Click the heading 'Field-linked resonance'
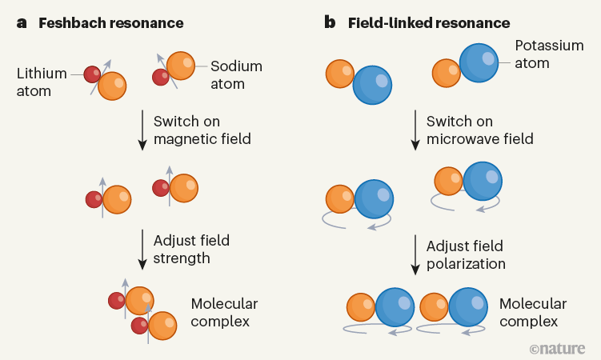(429, 22)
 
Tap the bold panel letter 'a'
(22, 22)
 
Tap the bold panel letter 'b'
(330, 22)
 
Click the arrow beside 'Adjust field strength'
(142, 248)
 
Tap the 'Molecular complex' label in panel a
(224, 313)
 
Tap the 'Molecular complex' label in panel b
(533, 313)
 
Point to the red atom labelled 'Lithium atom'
(94, 74)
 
